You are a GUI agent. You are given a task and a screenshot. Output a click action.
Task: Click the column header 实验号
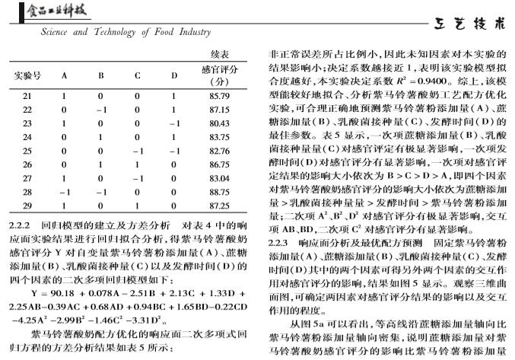pos(27,75)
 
